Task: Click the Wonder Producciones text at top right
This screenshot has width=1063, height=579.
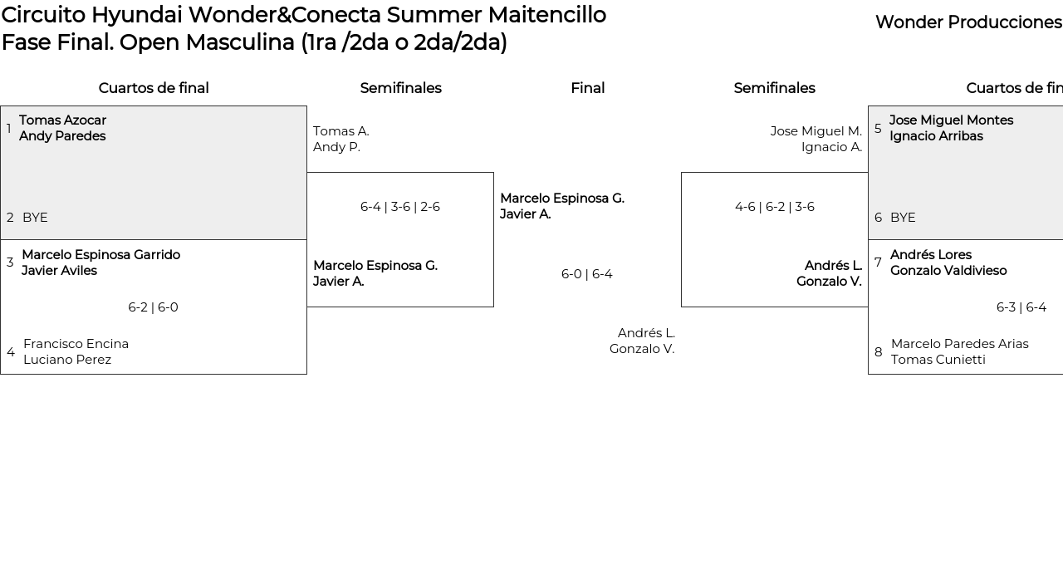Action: point(969,22)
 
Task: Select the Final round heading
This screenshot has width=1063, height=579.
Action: point(587,88)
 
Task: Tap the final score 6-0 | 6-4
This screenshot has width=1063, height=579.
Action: point(587,274)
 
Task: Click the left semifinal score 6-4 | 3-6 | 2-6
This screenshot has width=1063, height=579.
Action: point(400,207)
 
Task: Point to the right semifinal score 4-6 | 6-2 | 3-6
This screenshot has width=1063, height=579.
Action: point(775,207)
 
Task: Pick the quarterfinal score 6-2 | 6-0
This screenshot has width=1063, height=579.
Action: point(154,307)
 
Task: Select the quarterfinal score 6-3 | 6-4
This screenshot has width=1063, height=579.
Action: point(1021,307)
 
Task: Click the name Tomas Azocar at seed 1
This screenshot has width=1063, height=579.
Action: point(62,120)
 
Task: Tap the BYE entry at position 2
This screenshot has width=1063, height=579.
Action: point(35,218)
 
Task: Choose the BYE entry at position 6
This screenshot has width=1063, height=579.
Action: point(903,218)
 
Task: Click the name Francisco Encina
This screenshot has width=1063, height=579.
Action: point(76,344)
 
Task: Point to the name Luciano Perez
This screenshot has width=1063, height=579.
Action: point(67,360)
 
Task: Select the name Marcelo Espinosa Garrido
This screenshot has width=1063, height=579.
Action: point(101,255)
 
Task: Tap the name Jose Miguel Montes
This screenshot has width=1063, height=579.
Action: point(952,120)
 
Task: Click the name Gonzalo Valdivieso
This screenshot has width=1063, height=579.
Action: point(948,271)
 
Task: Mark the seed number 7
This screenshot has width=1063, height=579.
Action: point(878,263)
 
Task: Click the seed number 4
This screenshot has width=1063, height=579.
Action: point(11,352)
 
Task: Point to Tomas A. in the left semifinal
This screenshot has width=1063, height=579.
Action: point(341,131)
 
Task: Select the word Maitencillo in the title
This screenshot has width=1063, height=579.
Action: point(546,15)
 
